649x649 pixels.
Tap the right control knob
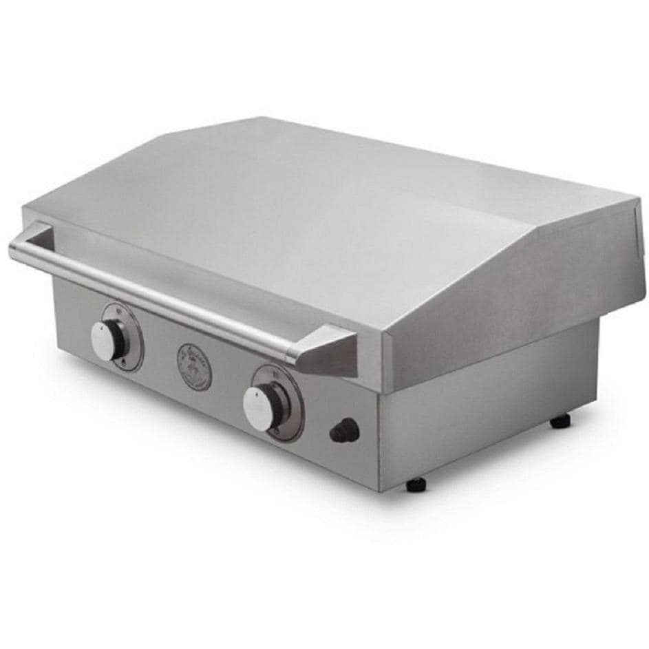(x=261, y=407)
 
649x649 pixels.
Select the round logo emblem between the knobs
(x=194, y=366)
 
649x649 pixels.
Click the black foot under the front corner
(x=416, y=484)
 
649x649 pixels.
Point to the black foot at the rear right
(x=560, y=421)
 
